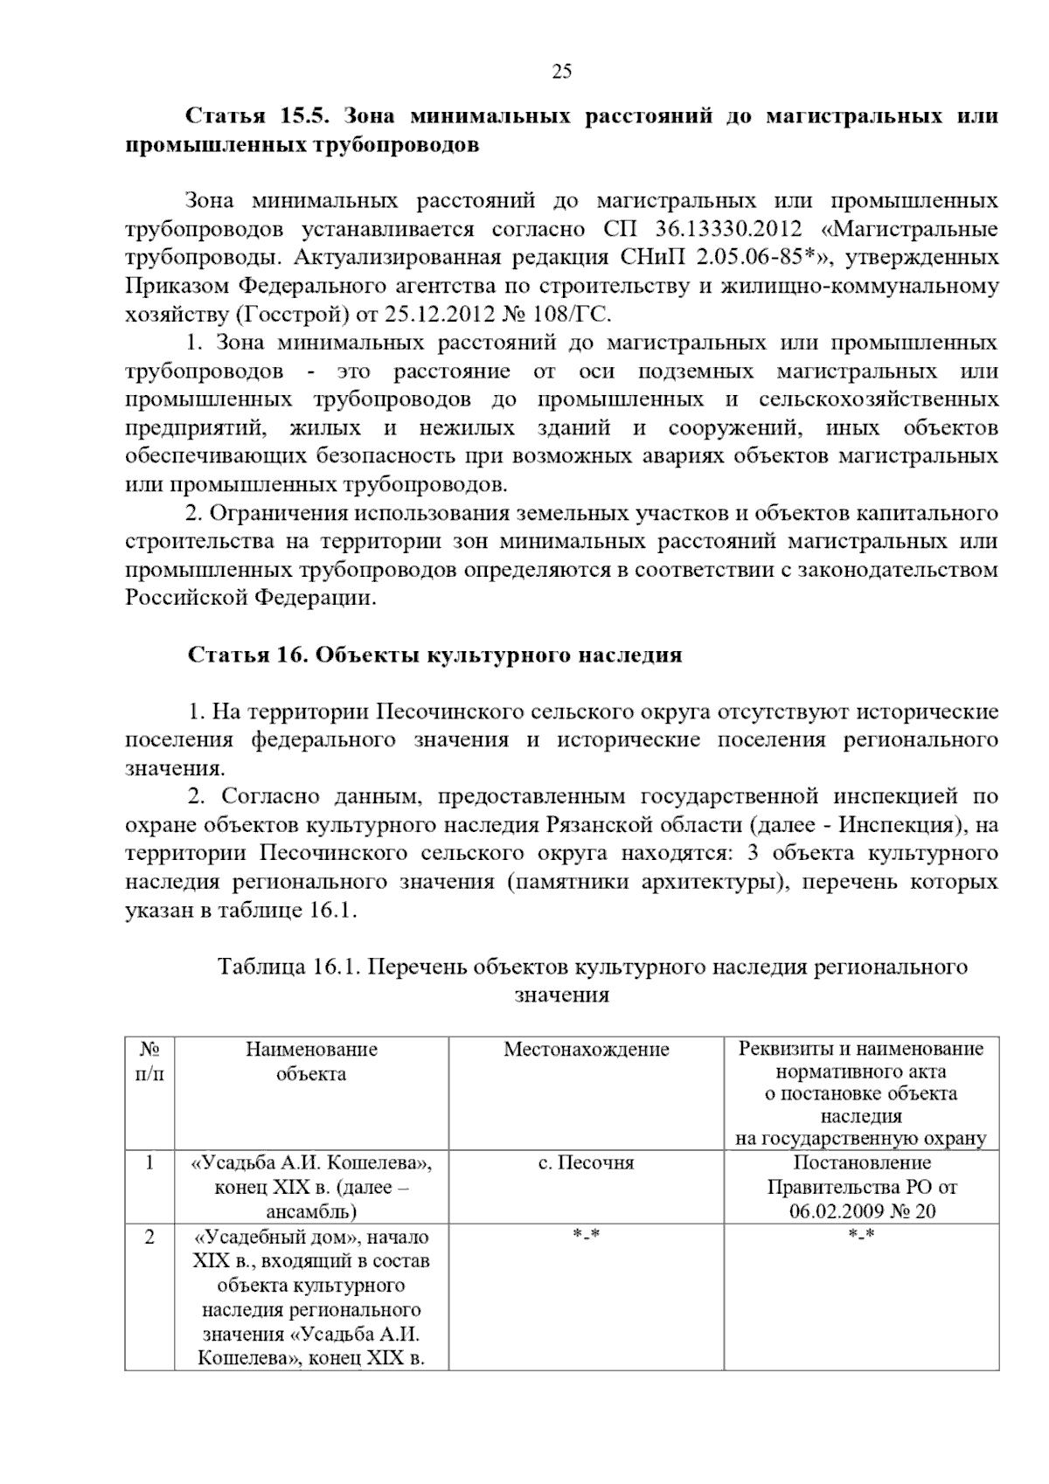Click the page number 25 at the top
tap(561, 72)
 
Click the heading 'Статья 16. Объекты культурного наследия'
tap(434, 655)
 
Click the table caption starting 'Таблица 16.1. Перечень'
tap(592, 967)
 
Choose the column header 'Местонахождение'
tap(586, 1050)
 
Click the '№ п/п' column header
tap(149, 1061)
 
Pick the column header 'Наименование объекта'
tap(311, 1061)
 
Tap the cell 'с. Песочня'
tap(586, 1163)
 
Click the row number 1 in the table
tap(149, 1163)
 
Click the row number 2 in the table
tap(149, 1238)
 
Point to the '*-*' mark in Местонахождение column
tap(586, 1236)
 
